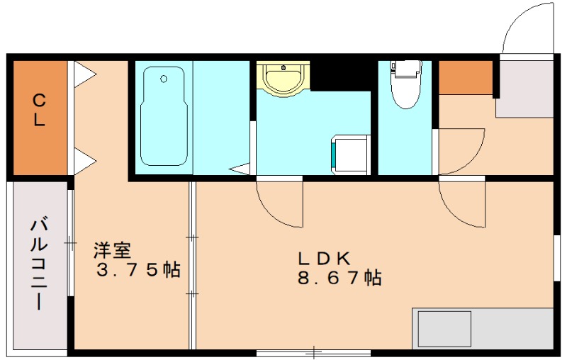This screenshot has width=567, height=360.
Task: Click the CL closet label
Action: [39, 110]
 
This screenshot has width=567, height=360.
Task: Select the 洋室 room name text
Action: [112, 250]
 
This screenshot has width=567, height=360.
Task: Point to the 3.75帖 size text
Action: [138, 269]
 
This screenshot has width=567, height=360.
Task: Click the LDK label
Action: [325, 258]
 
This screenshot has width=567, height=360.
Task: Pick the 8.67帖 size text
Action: [339, 278]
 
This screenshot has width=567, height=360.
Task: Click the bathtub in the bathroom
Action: [164, 116]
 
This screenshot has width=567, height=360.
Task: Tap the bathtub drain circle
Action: [164, 79]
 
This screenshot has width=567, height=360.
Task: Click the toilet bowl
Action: [405, 84]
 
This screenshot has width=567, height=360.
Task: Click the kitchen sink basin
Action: [444, 329]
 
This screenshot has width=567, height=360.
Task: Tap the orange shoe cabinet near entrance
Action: [466, 78]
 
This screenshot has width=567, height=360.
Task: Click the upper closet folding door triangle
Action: [84, 74]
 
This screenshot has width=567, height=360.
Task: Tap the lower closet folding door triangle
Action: [84, 161]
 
